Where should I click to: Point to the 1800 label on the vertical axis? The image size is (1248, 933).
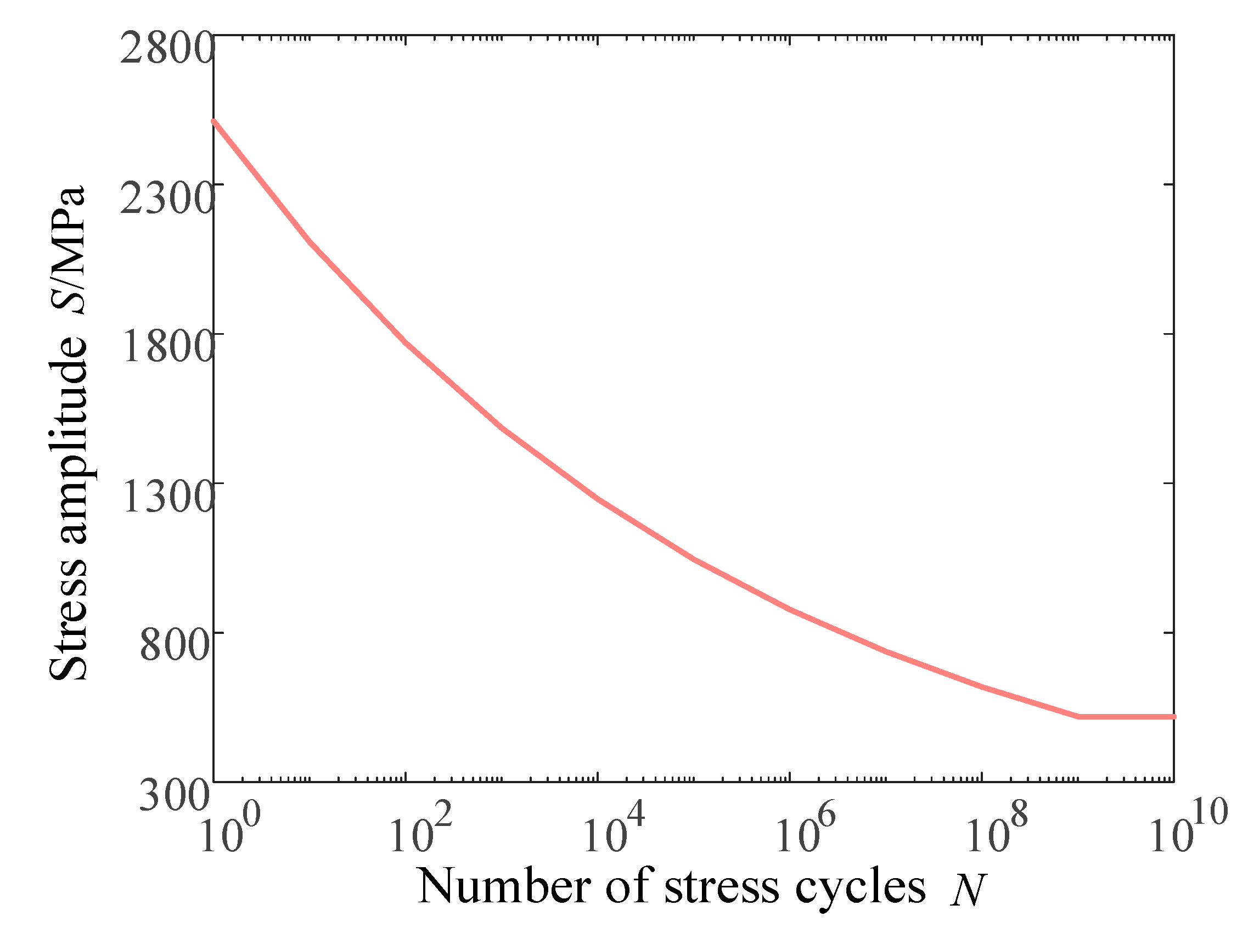[x=167, y=347]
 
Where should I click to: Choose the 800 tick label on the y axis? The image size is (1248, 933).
[x=175, y=647]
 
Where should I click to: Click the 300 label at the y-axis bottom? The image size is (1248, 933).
[x=175, y=796]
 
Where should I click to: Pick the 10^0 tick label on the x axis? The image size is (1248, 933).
[x=229, y=833]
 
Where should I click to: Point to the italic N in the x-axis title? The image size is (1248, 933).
[x=967, y=889]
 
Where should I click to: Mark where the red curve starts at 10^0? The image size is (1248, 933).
[x=215, y=121]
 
